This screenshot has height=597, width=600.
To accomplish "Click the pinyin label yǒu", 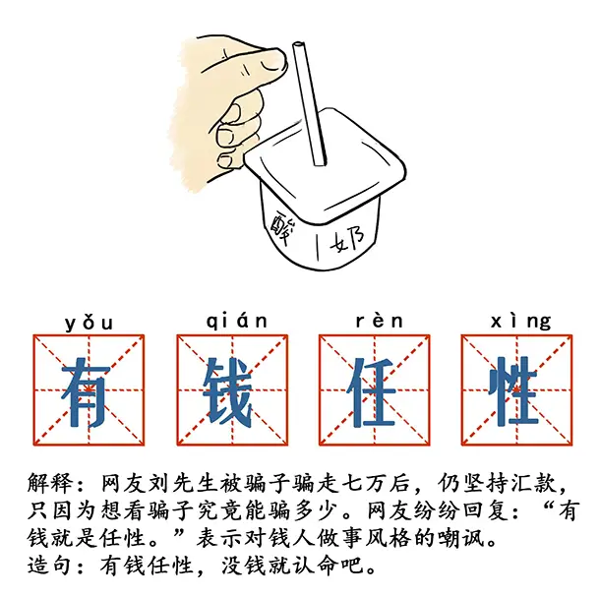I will point(89,322).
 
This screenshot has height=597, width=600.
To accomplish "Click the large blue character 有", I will point(90,391).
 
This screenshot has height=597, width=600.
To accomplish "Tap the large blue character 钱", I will point(232,391).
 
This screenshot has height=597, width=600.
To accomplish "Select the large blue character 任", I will point(375,391).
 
